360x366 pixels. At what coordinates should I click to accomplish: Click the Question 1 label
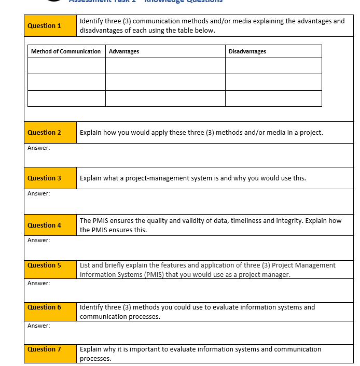point(44,26)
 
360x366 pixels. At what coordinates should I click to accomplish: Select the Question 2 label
point(44,133)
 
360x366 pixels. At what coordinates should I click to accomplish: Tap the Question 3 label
point(44,178)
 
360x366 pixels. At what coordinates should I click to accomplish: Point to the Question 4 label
point(44,226)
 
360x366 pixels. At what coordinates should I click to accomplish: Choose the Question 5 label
point(44,265)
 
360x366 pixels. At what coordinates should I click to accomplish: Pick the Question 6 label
point(44,307)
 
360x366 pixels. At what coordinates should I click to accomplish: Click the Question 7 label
point(44,349)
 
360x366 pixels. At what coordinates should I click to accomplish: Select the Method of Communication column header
point(66,51)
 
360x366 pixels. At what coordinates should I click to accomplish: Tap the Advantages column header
point(124,51)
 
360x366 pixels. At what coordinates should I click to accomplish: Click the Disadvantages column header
point(247,51)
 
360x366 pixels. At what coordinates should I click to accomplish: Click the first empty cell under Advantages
point(165,66)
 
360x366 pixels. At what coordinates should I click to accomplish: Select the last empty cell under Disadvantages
point(273,98)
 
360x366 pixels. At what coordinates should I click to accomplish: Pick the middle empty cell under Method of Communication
point(66,82)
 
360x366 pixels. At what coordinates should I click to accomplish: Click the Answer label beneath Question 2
point(39,148)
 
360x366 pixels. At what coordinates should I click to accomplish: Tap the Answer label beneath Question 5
point(39,283)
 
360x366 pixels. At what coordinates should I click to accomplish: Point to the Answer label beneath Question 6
point(39,326)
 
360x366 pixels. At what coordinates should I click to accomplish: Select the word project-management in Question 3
point(179,178)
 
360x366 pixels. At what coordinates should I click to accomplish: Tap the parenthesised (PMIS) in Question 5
point(153,275)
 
